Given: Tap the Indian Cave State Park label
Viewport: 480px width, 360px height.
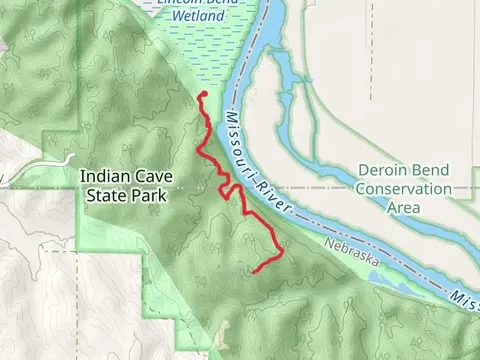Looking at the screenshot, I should point(126,187).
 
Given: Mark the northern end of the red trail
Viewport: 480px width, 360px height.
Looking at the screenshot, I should point(202,95).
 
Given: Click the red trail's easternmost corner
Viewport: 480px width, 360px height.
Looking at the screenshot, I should point(284,250).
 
